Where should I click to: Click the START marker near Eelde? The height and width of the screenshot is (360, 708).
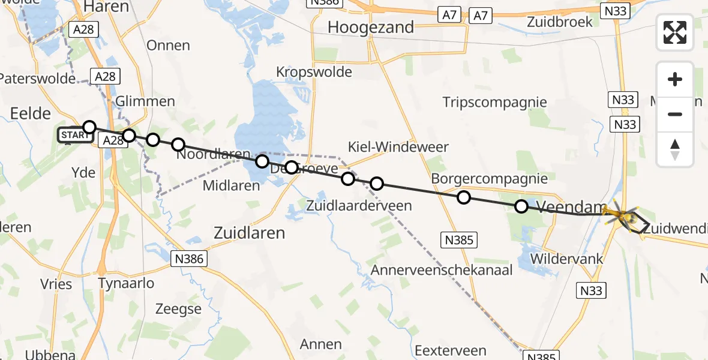[74, 136]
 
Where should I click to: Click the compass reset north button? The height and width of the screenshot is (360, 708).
[675, 149]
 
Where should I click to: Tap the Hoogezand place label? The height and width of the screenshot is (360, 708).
[371, 27]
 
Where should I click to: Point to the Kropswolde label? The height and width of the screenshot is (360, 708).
[314, 71]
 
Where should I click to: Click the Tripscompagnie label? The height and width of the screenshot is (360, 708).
[495, 102]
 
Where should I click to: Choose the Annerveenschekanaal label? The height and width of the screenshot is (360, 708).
[442, 270]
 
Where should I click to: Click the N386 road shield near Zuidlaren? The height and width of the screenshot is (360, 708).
[189, 259]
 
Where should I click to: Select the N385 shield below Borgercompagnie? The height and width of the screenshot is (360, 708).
[459, 241]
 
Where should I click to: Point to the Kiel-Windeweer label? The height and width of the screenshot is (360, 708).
[398, 147]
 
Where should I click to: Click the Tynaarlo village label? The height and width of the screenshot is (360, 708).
[126, 283]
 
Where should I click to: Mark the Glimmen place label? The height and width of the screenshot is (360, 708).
[146, 101]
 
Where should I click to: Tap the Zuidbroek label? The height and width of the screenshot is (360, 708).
[559, 22]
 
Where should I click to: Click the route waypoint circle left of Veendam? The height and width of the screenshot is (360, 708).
[521, 206]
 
